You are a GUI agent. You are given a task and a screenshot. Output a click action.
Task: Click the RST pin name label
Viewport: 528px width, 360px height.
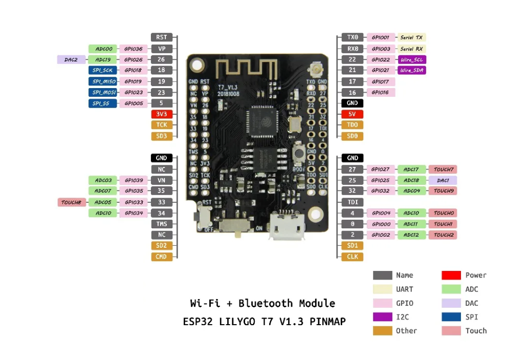pyautogui.click(x=161, y=37)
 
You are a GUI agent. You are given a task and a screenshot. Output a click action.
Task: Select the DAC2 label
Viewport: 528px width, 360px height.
pyautogui.click(x=71, y=59)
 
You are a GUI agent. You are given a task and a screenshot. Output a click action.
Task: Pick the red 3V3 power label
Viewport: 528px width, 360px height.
pyautogui.click(x=161, y=114)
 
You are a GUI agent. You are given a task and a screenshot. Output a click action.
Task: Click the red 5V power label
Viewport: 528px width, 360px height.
pyautogui.click(x=352, y=114)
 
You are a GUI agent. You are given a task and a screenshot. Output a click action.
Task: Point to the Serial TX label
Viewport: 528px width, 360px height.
pyautogui.click(x=411, y=37)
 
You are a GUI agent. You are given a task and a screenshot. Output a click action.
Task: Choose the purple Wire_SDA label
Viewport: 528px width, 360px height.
pyautogui.click(x=411, y=70)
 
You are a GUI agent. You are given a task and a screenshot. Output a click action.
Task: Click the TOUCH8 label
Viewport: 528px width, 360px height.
pyautogui.click(x=71, y=202)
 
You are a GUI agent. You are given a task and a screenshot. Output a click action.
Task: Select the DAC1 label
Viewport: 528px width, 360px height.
pyautogui.click(x=443, y=180)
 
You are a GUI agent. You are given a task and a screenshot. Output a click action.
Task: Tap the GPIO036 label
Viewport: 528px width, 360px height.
pyautogui.click(x=134, y=49)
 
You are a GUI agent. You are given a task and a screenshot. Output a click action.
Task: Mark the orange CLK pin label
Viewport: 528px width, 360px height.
pyautogui.click(x=352, y=257)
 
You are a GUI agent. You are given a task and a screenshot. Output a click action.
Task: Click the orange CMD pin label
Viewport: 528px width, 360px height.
pyautogui.click(x=161, y=257)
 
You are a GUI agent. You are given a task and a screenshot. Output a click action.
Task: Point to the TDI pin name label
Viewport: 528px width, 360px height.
pyautogui.click(x=352, y=202)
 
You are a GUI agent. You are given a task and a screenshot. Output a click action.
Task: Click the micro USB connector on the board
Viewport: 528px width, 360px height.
pyautogui.click(x=288, y=226)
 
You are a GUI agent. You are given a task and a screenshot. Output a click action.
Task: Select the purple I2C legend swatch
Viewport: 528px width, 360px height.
pyautogui.click(x=382, y=317)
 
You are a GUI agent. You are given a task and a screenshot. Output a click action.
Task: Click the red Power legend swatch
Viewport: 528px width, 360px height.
pyautogui.click(x=451, y=276)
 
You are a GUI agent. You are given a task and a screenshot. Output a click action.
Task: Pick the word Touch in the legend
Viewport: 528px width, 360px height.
pyautogui.click(x=476, y=331)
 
